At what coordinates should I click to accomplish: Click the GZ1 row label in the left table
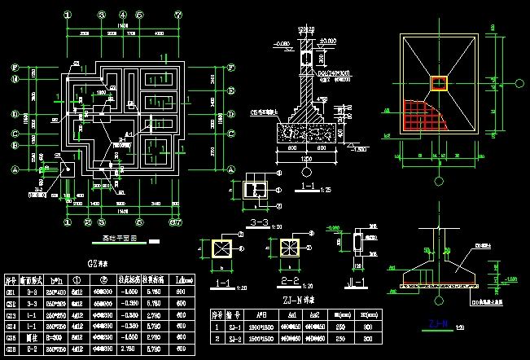click(x=11, y=291)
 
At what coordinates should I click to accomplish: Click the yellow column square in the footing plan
click(x=439, y=82)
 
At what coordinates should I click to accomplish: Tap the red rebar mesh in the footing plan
click(x=421, y=114)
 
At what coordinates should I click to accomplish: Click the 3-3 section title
click(x=258, y=221)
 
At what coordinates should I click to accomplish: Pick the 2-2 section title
click(x=288, y=282)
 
